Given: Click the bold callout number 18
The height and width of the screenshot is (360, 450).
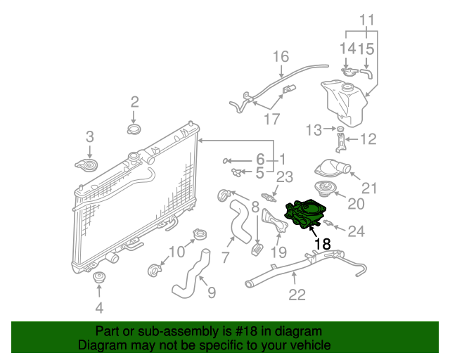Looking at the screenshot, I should point(323,244).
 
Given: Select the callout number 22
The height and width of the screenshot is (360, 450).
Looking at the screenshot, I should point(297,295).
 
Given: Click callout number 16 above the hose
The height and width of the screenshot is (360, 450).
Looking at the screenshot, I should point(281,56).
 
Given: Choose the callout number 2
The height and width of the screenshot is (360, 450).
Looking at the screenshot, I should point(134,104).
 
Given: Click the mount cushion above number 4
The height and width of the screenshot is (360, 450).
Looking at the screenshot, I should point(98,278).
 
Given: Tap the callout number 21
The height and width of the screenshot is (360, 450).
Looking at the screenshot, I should point(370,188).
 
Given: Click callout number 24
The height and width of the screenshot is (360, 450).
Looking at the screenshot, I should point(357,230).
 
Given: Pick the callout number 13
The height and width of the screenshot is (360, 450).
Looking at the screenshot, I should point(313,129).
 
